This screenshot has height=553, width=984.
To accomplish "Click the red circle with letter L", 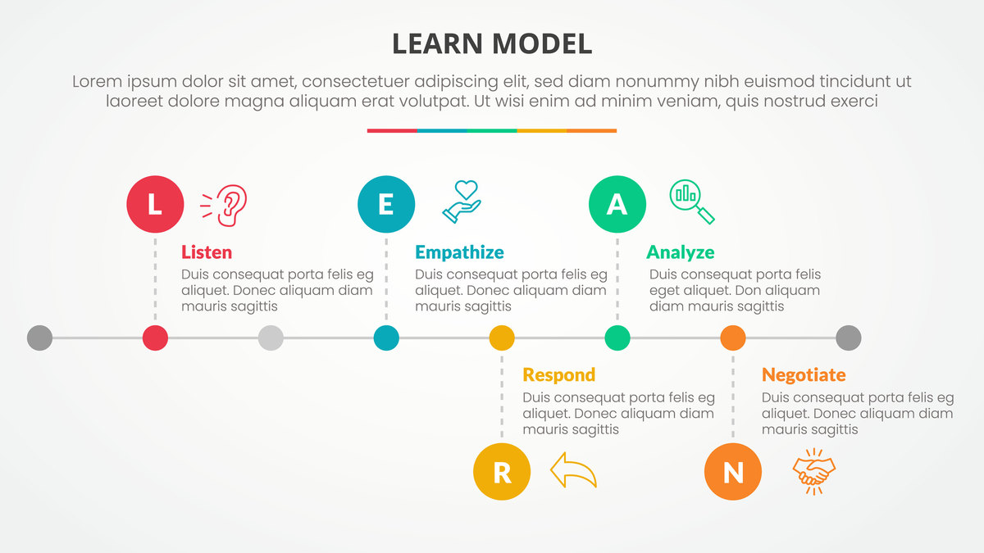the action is pos(155,204).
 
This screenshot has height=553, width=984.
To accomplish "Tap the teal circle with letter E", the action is pos(386,204).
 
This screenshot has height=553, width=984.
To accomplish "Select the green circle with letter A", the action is pos(617,204).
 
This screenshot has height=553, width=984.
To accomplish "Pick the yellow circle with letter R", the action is pos(502,471).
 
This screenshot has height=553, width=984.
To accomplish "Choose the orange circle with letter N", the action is pos(733,471).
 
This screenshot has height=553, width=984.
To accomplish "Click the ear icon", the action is pos(224,206).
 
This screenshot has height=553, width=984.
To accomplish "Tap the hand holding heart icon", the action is pos(462,202).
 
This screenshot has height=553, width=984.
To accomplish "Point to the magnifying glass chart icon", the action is pos(692,202).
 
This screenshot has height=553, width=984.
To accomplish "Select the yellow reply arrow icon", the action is pos(573,470).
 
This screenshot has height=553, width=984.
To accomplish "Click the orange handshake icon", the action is pos(814,472).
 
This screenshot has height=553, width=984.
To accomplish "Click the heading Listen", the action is pos(207,252).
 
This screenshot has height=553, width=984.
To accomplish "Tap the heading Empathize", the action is pos(459,253).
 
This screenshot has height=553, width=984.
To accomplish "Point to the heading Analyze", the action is pos(680,253).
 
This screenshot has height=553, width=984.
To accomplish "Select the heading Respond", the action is pos(558,375).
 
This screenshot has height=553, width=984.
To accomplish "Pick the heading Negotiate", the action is pos(804,375).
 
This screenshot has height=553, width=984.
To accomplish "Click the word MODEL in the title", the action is pos(542,43).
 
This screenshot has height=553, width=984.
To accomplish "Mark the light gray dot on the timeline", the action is pos(271,338).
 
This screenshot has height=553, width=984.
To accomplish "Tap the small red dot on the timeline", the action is pos(155,338).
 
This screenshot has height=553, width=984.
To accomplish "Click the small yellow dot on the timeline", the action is pos(502,338).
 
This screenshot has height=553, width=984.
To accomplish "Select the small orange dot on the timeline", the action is pos(733,338).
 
